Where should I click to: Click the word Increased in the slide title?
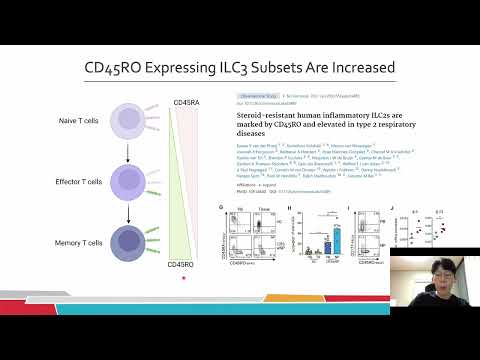tap(353, 67)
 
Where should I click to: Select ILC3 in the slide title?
tap(208, 67)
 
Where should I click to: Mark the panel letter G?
tap(221, 205)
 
